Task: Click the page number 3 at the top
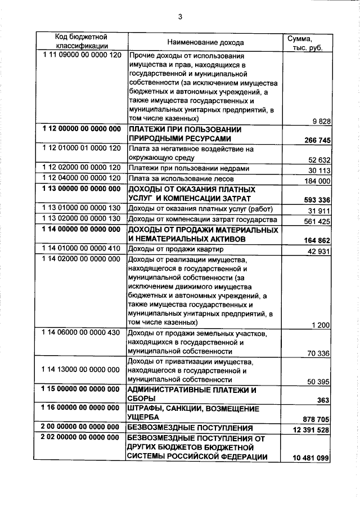tap(180, 17)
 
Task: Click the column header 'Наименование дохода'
tap(205, 42)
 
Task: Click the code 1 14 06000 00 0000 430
tap(82, 333)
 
